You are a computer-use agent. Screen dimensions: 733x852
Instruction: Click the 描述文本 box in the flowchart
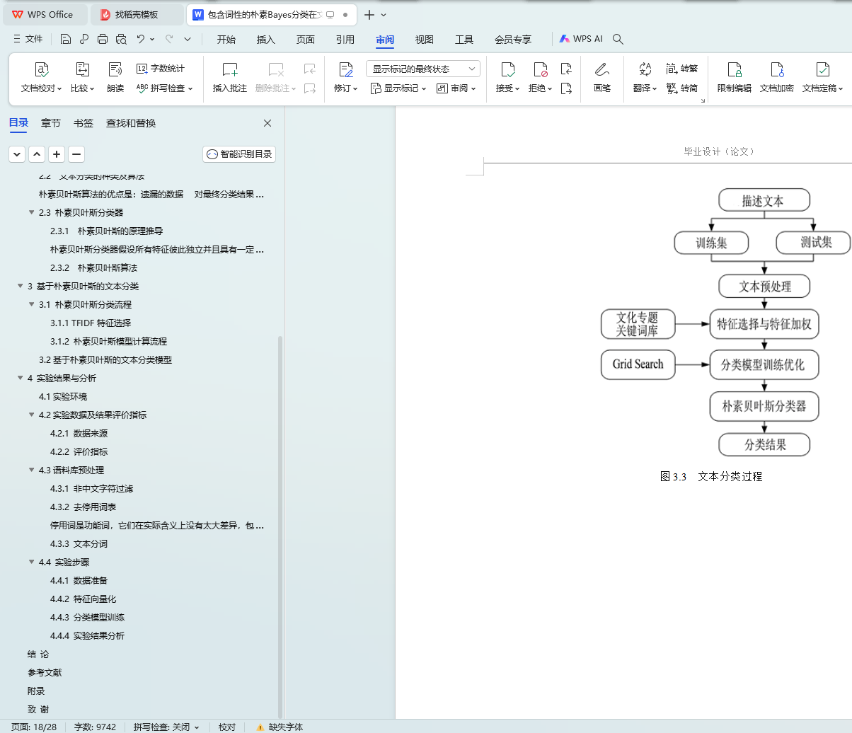764,200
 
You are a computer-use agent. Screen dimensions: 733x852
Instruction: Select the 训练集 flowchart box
711,243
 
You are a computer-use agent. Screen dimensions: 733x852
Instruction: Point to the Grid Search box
638,364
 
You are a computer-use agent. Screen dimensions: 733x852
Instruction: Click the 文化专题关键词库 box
637,325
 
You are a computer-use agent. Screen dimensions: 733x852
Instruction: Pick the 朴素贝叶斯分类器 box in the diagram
764,406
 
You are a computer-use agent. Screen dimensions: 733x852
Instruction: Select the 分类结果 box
764,445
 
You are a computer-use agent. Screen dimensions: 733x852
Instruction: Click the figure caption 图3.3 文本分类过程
710,477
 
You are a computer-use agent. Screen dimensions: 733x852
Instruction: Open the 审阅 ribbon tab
385,40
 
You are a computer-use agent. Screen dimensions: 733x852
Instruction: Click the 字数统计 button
161,69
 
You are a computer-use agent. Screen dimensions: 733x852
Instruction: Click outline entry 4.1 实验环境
63,397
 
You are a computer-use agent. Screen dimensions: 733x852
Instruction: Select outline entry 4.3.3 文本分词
79,544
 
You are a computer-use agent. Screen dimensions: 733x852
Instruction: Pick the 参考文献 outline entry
45,673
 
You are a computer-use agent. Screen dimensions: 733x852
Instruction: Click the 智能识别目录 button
239,154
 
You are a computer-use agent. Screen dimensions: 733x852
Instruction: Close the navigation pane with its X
267,123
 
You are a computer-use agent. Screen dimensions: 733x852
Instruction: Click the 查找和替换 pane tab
131,123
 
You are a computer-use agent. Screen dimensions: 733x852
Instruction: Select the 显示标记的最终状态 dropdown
422,69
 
